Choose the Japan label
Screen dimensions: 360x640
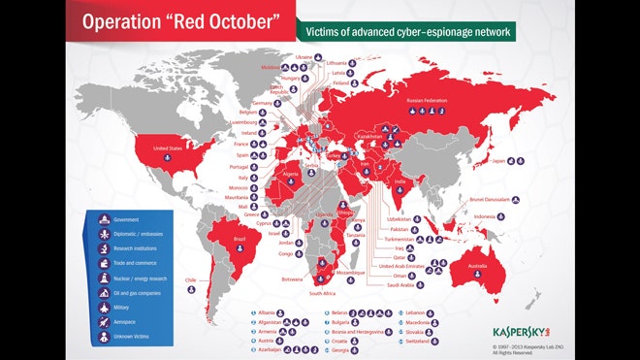click(x=498, y=160)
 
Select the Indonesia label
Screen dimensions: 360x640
click(x=485, y=215)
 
